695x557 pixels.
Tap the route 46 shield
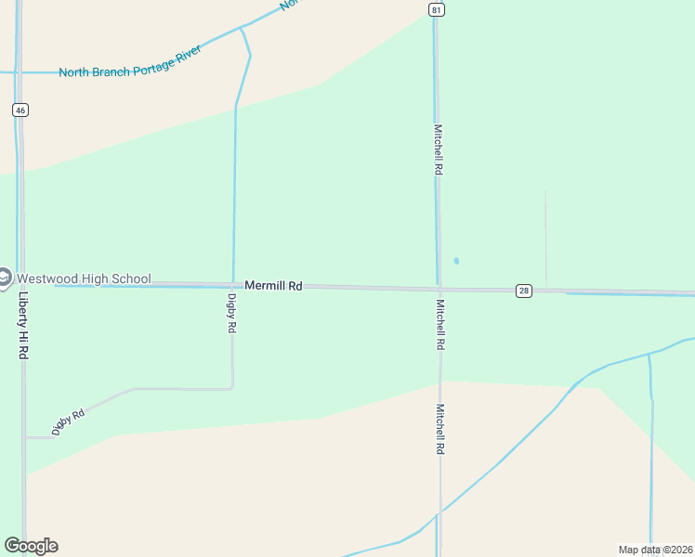pyautogui.click(x=20, y=110)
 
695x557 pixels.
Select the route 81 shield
pyautogui.click(x=436, y=9)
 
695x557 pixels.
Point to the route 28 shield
pyautogui.click(x=524, y=291)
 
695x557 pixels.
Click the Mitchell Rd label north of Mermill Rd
pyautogui.click(x=439, y=150)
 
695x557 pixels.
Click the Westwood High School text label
pyautogui.click(x=84, y=278)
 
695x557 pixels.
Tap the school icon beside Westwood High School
pyautogui.click(x=5, y=277)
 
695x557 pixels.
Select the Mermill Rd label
pyautogui.click(x=273, y=286)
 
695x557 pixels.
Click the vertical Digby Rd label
pyautogui.click(x=232, y=314)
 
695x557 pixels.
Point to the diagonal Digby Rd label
pyautogui.click(x=69, y=421)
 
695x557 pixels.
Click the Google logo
pyautogui.click(x=31, y=546)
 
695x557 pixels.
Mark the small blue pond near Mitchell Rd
pyautogui.click(x=456, y=261)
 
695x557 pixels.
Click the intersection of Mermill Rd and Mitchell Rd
pyautogui.click(x=439, y=289)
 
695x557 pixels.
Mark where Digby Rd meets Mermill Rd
pyautogui.click(x=232, y=286)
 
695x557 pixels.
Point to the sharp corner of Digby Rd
pyautogui.click(x=231, y=388)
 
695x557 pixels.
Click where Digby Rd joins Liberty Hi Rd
pyautogui.click(x=24, y=436)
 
